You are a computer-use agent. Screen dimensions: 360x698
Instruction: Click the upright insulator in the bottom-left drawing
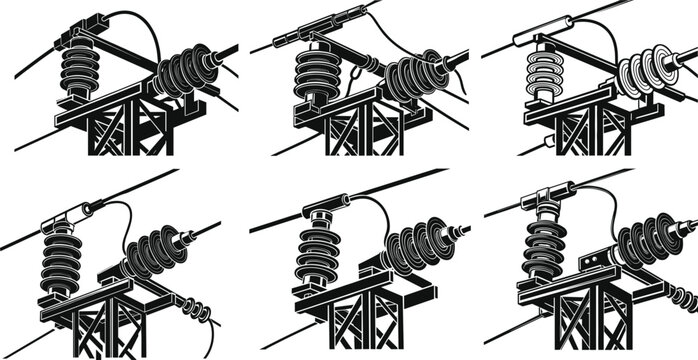[x=64, y=258]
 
